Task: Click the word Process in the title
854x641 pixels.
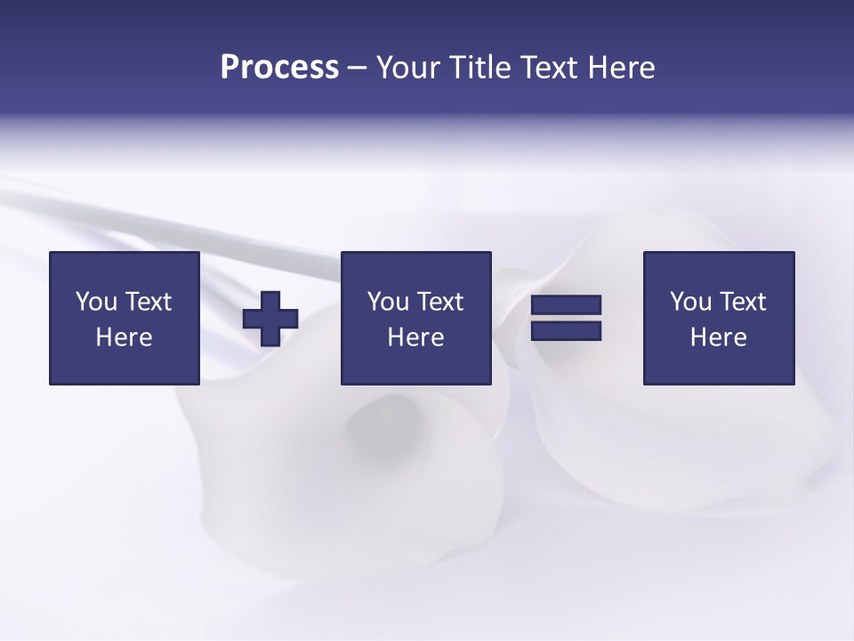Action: click(279, 68)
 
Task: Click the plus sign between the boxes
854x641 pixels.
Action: click(270, 319)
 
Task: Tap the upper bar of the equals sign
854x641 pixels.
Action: click(566, 305)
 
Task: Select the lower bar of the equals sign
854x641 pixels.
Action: click(566, 330)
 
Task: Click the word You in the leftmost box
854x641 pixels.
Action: click(96, 302)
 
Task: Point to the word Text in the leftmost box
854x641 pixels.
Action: click(148, 302)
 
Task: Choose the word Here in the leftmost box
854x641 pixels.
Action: click(124, 337)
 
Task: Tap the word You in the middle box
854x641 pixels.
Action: click(388, 302)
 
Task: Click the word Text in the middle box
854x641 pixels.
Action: click(439, 302)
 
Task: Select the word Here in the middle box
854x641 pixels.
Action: click(415, 337)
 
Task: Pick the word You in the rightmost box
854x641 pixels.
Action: click(690, 302)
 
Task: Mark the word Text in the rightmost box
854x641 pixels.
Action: click(742, 302)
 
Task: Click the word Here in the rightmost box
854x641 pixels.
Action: click(718, 337)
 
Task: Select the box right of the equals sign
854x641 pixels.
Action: click(718, 365)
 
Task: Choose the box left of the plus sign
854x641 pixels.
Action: click(124, 365)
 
